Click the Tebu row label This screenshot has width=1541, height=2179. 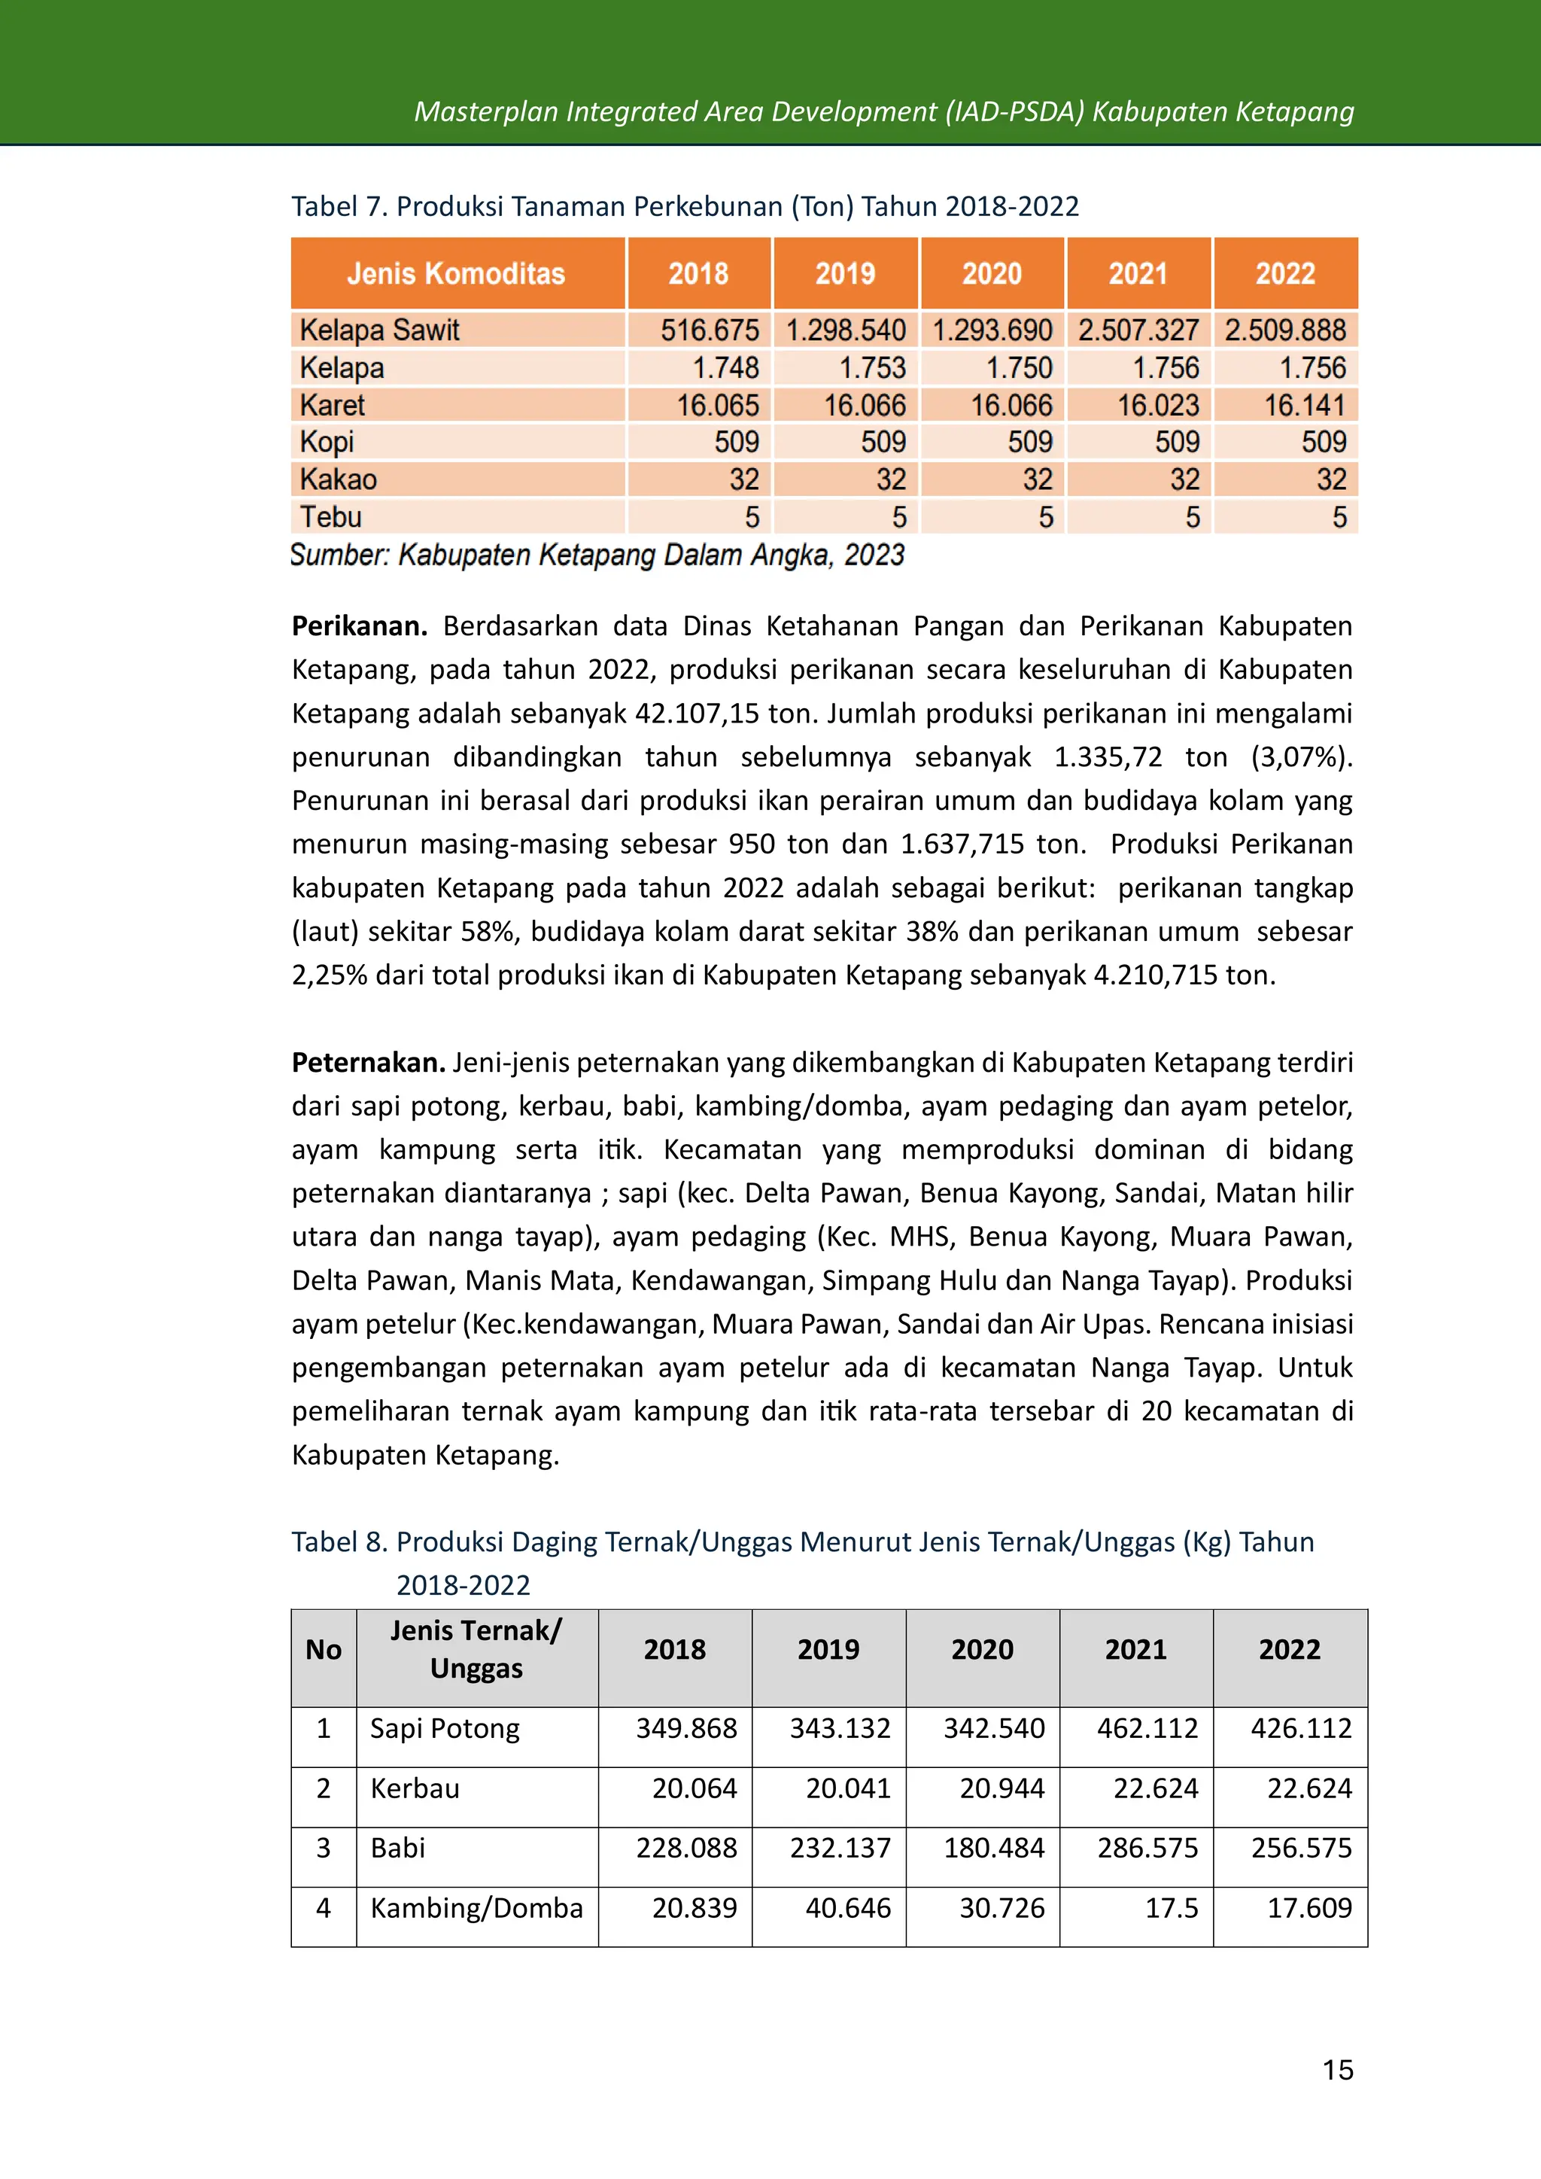coord(331,517)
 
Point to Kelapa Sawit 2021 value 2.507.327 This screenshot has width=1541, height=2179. coord(1138,330)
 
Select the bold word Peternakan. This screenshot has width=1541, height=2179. coord(368,1062)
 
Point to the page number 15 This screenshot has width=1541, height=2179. coord(1337,2070)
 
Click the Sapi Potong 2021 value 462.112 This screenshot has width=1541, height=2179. coord(1147,1728)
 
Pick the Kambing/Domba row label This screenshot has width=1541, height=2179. coord(476,1907)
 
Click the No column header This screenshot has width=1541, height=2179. coord(324,1649)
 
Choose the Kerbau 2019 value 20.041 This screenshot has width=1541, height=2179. coord(847,1788)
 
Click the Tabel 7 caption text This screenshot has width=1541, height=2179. coord(684,206)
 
